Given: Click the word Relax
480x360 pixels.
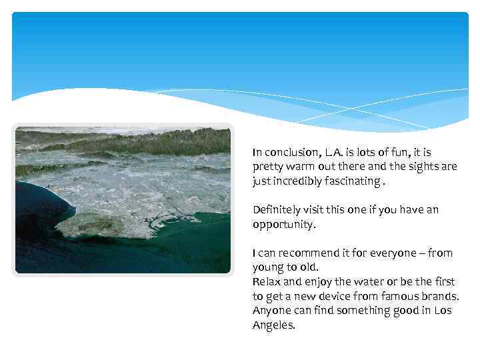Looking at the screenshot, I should pos(267,282).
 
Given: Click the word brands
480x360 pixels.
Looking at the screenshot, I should pos(443,296).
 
